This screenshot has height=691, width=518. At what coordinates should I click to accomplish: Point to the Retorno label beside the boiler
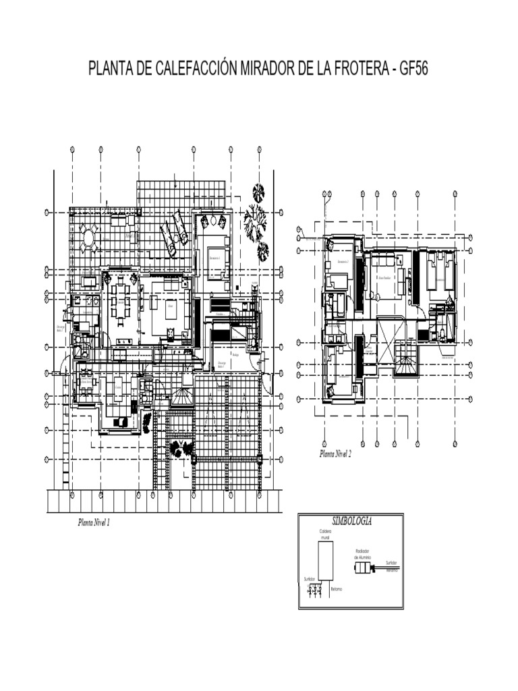pyautogui.click(x=337, y=589)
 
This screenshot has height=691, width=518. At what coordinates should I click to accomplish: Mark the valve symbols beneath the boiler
pyautogui.click(x=315, y=590)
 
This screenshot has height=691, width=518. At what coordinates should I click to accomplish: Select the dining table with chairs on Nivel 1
pyautogui.click(x=121, y=300)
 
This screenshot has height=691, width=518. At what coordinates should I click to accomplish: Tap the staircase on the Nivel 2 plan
pyautogui.click(x=405, y=368)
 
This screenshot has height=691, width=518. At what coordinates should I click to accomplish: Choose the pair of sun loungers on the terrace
pyautogui.click(x=171, y=233)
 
